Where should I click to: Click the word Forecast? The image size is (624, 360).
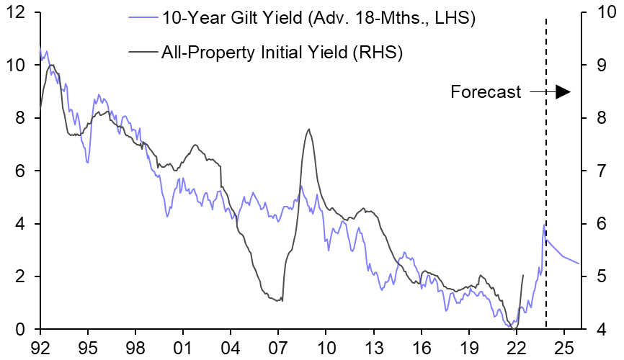tap(486, 92)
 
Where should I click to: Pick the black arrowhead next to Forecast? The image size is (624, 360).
tap(563, 91)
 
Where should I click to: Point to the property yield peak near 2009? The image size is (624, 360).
tap(309, 130)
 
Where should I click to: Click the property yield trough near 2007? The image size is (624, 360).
tap(281, 301)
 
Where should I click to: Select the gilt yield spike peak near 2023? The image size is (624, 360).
tap(543, 225)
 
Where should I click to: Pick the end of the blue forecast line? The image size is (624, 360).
tap(579, 264)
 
